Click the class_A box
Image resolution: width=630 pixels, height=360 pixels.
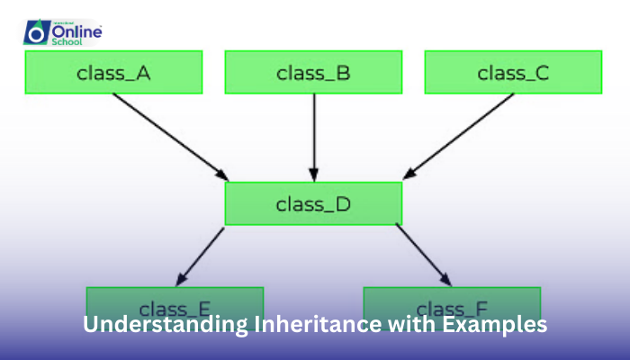(x=113, y=72)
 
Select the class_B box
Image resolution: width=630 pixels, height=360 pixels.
(x=313, y=72)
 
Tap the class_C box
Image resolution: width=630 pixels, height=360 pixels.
(x=513, y=72)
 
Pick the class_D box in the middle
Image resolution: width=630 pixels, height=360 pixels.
(x=313, y=202)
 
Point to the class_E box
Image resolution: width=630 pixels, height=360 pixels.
(x=175, y=302)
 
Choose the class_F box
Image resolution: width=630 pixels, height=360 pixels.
(x=452, y=302)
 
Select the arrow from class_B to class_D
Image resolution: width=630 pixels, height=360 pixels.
(x=313, y=135)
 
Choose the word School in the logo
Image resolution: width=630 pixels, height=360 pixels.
(x=75, y=41)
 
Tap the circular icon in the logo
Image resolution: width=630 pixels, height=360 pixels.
(x=37, y=33)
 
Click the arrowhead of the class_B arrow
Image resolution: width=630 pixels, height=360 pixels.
(x=313, y=174)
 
